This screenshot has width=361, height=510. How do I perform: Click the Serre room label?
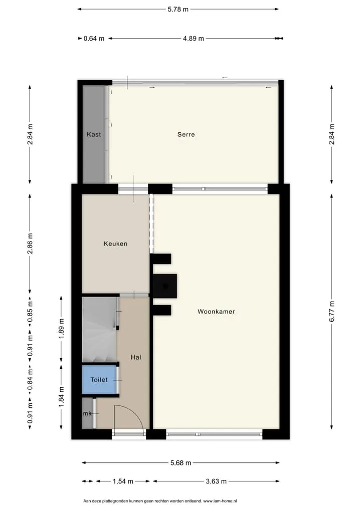coord(186,134)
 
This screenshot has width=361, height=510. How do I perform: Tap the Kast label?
coord(94,134)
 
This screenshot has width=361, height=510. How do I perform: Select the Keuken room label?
coord(115,243)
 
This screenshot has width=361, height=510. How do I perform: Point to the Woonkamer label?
coord(216,312)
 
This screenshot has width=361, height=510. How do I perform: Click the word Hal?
coord(136,357)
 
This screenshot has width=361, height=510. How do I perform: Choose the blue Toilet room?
coord(99,380)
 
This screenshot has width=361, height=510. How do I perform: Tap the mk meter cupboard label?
coord(87,413)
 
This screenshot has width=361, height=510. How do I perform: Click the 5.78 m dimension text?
coord(178,10)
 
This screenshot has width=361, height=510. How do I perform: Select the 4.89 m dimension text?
coord(194,39)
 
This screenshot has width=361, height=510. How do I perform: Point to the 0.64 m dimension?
coord(94,39)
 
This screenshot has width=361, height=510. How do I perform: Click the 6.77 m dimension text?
coord(332,312)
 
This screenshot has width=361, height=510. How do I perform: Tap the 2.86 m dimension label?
coord(30,243)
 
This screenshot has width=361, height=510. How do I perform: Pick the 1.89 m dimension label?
coord(61,329)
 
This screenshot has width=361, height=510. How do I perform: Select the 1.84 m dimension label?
coord(61,396)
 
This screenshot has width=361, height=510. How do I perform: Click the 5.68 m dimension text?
coord(180,463)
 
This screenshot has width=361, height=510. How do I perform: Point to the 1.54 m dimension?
coord(123,481)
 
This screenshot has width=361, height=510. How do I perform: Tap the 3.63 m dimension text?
coord(216,481)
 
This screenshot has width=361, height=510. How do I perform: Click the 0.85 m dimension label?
coord(30,312)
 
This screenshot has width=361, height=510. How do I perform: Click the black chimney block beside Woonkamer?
coord(165,286)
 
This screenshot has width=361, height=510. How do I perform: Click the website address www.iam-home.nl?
coord(220,501)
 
